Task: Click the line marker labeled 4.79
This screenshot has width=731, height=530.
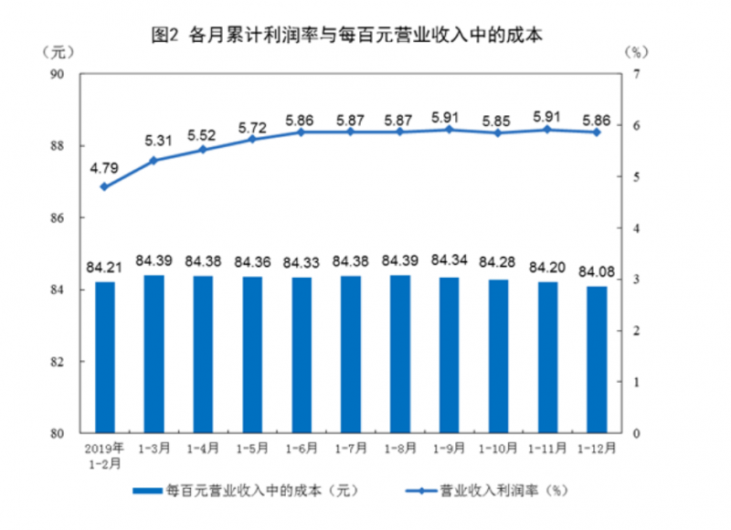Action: pyautogui.click(x=105, y=186)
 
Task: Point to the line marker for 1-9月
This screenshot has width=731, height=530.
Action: pyautogui.click(x=449, y=130)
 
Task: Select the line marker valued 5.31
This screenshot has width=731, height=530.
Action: pyautogui.click(x=154, y=160)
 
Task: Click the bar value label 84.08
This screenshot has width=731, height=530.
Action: pyautogui.click(x=597, y=271)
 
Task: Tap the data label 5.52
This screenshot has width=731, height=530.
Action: pyautogui.click(x=204, y=135)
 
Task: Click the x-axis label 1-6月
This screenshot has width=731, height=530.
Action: pyautogui.click(x=302, y=449)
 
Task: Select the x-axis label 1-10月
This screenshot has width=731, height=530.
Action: pyautogui.click(x=498, y=449)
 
